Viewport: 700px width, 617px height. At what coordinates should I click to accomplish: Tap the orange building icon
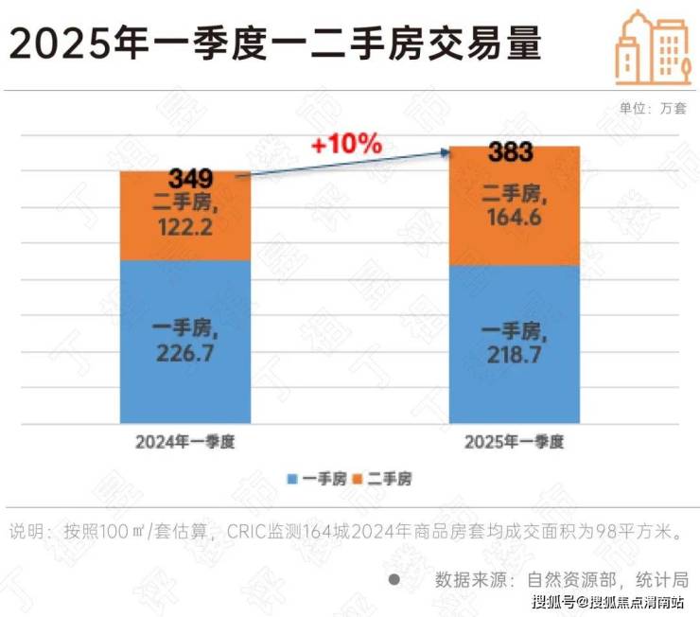pyautogui.click(x=653, y=47)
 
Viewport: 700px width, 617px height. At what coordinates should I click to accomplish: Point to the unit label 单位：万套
pyautogui.click(x=651, y=107)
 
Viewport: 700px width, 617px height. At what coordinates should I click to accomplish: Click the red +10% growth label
pyautogui.click(x=346, y=145)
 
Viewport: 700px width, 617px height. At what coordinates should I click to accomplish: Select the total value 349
pyautogui.click(x=191, y=177)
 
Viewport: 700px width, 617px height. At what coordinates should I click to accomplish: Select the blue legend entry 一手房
pyautogui.click(x=312, y=480)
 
